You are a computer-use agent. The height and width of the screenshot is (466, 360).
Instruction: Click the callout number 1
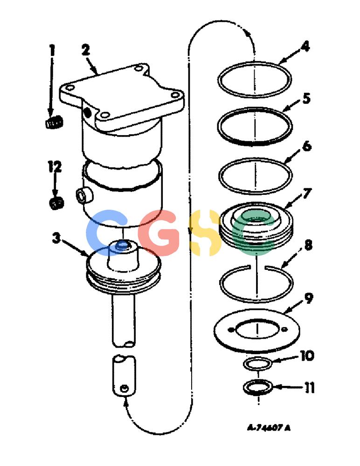(x=52, y=50)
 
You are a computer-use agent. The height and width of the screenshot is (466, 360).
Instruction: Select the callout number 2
(x=86, y=50)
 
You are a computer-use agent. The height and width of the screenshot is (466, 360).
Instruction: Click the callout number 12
(x=55, y=167)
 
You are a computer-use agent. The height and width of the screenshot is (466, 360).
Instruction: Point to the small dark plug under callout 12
(x=56, y=203)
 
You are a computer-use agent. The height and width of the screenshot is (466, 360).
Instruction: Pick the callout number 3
(x=56, y=238)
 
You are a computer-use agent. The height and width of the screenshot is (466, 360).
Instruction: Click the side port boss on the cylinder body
(x=84, y=196)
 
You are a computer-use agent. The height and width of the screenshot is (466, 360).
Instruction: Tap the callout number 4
(x=305, y=47)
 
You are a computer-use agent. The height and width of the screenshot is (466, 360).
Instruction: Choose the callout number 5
(x=306, y=98)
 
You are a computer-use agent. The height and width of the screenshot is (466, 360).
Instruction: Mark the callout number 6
(x=307, y=146)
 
